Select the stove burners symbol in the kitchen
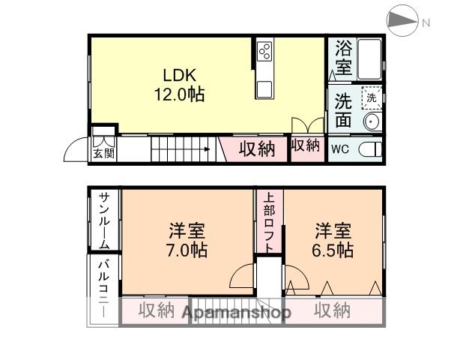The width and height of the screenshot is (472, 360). [x=264, y=51]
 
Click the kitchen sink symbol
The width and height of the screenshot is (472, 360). [x=264, y=89]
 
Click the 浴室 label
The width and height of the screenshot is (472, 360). [x=343, y=57]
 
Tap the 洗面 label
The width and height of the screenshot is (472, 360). [x=343, y=109]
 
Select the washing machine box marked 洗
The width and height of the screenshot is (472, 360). [x=369, y=97]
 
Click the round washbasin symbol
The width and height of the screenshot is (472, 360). [x=370, y=121]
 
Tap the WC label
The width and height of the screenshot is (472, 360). [x=340, y=148]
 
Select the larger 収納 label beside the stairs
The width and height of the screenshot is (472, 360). [x=257, y=148]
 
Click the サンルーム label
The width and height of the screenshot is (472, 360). [x=104, y=221]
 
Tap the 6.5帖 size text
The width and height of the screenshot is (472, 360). [x=333, y=251]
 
